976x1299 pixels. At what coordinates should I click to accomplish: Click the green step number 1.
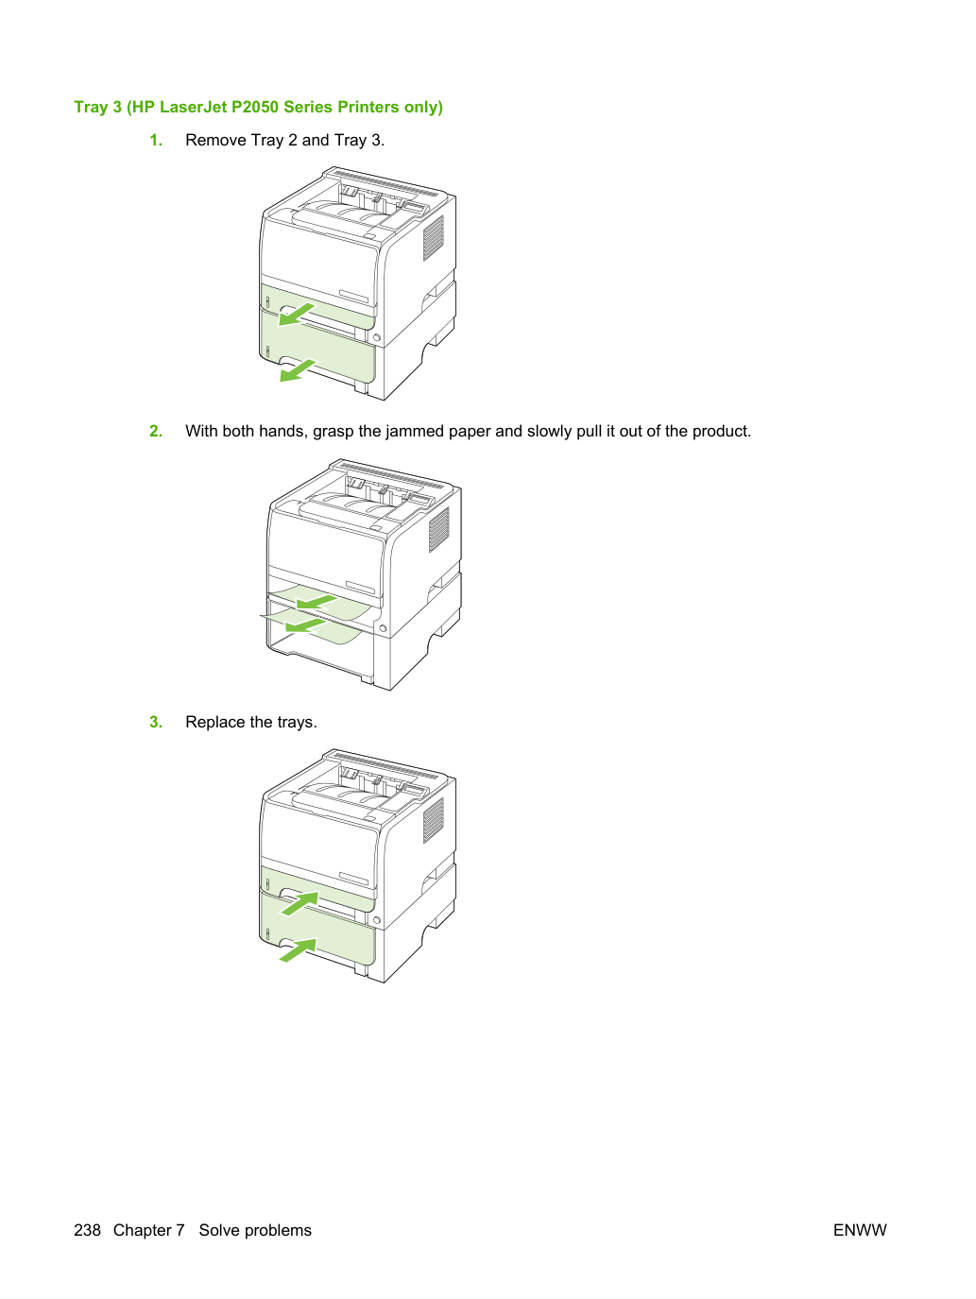coord(156,140)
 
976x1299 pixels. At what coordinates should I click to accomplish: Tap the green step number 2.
coord(156,431)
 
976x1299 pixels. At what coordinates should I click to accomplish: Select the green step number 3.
coord(156,722)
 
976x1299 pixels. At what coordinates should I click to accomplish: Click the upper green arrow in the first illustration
coord(296,315)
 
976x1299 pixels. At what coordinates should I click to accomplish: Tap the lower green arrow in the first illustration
coord(297,370)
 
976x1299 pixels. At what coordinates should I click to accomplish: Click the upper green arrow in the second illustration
coord(317,603)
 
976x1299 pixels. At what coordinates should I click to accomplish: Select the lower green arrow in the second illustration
coord(305,625)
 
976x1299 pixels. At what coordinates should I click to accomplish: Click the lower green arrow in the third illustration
coord(299,949)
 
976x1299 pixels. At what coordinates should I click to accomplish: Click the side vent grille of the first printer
coord(433,238)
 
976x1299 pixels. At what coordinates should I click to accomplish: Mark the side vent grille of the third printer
coord(433,820)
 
